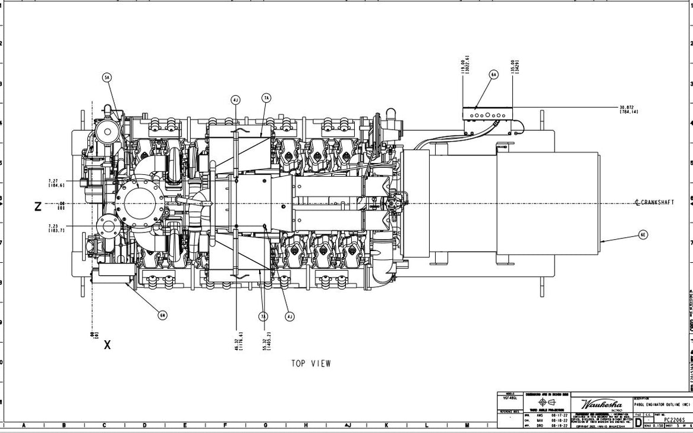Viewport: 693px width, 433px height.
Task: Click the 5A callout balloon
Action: point(107,77)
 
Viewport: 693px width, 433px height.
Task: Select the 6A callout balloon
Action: point(494,74)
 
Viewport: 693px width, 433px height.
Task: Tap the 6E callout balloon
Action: point(643,235)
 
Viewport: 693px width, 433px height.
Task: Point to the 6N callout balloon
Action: point(162,315)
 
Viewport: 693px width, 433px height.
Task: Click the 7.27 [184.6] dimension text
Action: point(56,183)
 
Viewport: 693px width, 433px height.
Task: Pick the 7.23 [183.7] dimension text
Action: point(56,228)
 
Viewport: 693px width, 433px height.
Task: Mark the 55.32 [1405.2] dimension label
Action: point(267,341)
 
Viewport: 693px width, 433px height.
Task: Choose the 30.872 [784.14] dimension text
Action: point(628,109)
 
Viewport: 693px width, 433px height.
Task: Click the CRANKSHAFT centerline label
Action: point(654,203)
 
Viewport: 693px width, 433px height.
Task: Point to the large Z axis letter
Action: point(38,206)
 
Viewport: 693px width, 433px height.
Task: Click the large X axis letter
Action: point(108,344)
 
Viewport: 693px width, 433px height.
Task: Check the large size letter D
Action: point(638,422)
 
